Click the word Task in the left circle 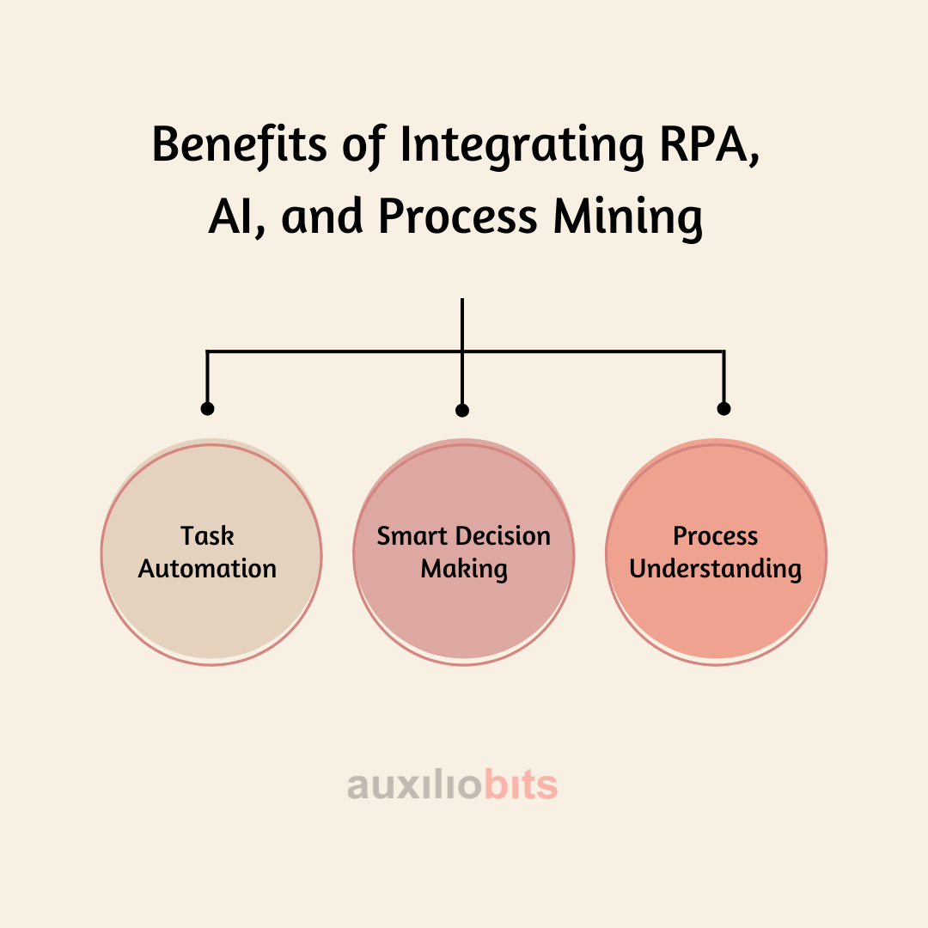(x=207, y=536)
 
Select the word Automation (x=207, y=569)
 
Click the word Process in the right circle (x=716, y=536)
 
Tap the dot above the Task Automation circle (x=207, y=409)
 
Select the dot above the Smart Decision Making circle (x=462, y=411)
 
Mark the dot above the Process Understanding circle (x=723, y=409)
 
